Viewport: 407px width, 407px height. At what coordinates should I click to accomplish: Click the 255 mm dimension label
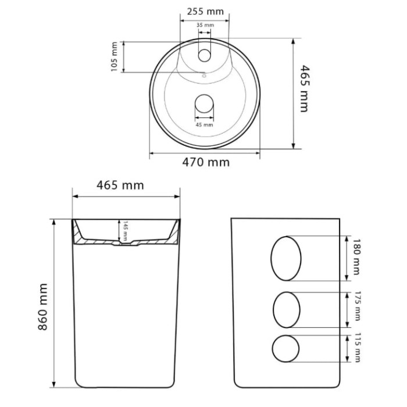tap(205, 12)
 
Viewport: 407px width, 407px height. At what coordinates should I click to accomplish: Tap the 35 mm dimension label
tap(205, 25)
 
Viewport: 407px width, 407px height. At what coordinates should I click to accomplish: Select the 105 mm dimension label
tap(114, 57)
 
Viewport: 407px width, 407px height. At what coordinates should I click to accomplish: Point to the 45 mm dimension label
tap(204, 125)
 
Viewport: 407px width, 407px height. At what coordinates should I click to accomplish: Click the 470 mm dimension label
tap(206, 162)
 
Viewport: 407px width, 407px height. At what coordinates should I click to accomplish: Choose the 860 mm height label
tap(43, 307)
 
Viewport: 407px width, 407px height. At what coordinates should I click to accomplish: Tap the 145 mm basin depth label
tap(125, 231)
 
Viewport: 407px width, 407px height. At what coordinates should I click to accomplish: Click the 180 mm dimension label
tap(356, 257)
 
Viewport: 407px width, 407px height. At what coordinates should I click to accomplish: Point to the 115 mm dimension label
tap(358, 348)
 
